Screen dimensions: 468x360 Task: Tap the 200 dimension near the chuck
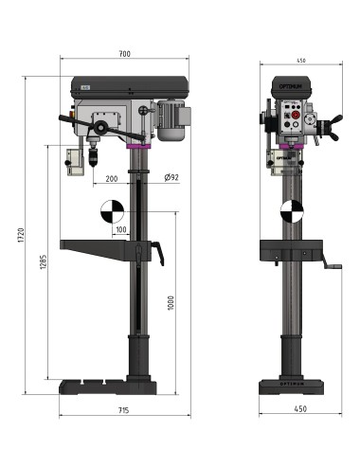click(x=112, y=177)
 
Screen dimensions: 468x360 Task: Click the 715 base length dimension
click(x=125, y=410)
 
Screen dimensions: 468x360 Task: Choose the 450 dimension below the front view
click(x=301, y=410)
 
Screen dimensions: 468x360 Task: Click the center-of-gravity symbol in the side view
click(x=110, y=210)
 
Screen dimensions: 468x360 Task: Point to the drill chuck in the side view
click(x=95, y=151)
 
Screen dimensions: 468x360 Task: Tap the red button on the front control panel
click(x=293, y=121)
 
